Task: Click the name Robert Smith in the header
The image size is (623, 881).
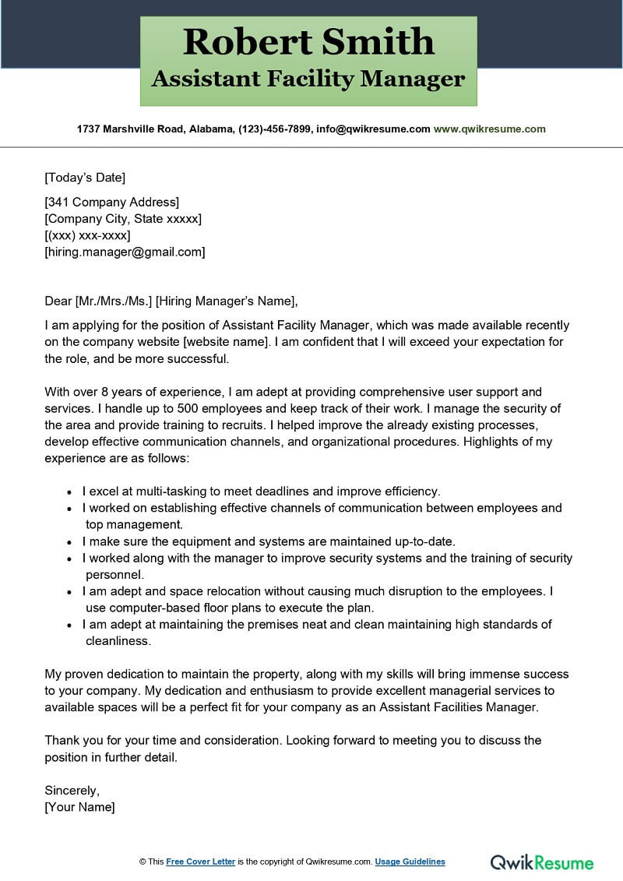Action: pos(308,42)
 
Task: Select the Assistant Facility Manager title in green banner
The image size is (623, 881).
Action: pos(308,79)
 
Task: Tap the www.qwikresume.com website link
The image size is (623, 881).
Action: pos(489,129)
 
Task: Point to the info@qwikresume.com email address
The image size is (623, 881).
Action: pos(373,129)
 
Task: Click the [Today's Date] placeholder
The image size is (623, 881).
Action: pos(85,177)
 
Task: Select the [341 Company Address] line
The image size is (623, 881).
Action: pos(111,203)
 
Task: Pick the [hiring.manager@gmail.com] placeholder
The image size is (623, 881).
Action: pos(125,252)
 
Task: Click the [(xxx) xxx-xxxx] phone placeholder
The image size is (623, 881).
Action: pos(87,235)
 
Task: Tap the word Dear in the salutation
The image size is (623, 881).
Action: pos(58,301)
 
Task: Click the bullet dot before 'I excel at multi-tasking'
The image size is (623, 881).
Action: pos(70,492)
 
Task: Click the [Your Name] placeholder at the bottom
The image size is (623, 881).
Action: pos(79,807)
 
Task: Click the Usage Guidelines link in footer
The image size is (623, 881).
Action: pos(410,862)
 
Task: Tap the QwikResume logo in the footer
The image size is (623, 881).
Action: pos(541,862)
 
